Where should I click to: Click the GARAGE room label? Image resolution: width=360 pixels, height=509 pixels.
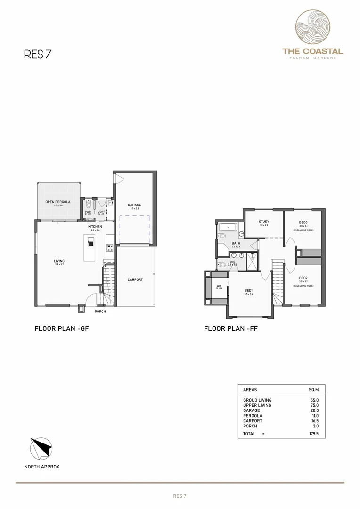coord(134,205)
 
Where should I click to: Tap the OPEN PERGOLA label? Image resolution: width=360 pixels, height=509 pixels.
coord(57,202)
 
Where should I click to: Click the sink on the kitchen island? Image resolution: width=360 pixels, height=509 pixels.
coord(91,241)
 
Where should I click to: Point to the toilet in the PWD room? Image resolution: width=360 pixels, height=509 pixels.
coord(88,204)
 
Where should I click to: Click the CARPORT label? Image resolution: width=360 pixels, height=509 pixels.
coord(135,279)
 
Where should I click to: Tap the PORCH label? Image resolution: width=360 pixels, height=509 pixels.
coord(100,312)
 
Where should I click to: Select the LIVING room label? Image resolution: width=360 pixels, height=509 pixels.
coord(59,261)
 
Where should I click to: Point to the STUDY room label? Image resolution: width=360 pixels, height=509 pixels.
coord(263,222)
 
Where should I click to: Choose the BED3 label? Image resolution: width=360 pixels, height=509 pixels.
coord(303,222)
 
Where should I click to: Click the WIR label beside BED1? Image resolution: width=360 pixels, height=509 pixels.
coord(219,286)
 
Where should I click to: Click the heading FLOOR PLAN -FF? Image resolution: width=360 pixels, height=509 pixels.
coord(230,329)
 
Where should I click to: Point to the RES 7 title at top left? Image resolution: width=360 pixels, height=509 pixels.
coord(37,54)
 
